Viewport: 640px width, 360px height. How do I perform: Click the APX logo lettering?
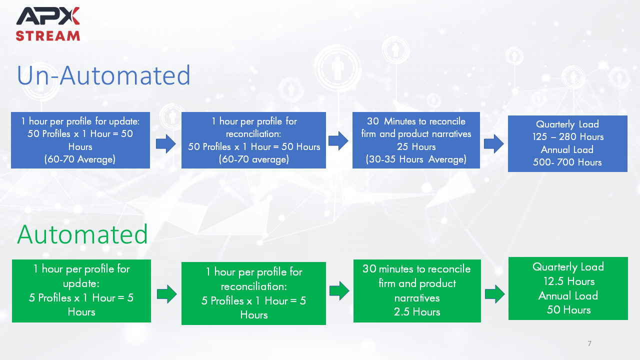pyautogui.click(x=47, y=16)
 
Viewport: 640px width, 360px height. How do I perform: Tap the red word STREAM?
pyautogui.click(x=47, y=36)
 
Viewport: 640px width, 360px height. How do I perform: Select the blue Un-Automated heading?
pyautogui.click(x=103, y=75)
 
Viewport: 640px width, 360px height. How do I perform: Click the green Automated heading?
pyautogui.click(x=82, y=234)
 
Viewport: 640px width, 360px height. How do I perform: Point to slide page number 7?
pyautogui.click(x=589, y=343)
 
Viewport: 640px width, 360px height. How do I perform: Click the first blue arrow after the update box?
pyautogui.click(x=165, y=143)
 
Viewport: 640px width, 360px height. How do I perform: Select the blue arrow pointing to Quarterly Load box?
pyautogui.click(x=493, y=143)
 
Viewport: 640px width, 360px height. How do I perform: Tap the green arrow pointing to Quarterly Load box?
pyautogui.click(x=495, y=293)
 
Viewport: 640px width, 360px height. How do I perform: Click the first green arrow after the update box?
pyautogui.click(x=167, y=293)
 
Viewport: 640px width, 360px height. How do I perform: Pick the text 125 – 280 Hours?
pyautogui.click(x=568, y=137)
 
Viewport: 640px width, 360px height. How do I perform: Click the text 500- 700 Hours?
pyautogui.click(x=567, y=162)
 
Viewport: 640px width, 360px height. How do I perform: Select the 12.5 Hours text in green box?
pyautogui.click(x=569, y=281)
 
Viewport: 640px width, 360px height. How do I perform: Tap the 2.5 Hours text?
pyautogui.click(x=417, y=311)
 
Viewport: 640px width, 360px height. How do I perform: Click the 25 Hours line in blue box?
pyautogui.click(x=416, y=146)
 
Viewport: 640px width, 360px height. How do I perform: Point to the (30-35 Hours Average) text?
pyautogui.click(x=416, y=159)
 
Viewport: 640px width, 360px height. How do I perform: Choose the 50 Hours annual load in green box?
pyautogui.click(x=568, y=309)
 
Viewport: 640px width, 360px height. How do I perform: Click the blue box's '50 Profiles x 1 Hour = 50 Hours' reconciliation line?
pyautogui.click(x=254, y=146)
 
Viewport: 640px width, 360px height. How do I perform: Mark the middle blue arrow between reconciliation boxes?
pyautogui.click(x=338, y=141)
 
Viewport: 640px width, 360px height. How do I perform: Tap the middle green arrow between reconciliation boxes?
pyautogui.click(x=339, y=291)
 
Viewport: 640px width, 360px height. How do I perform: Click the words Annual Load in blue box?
pyautogui.click(x=567, y=149)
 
